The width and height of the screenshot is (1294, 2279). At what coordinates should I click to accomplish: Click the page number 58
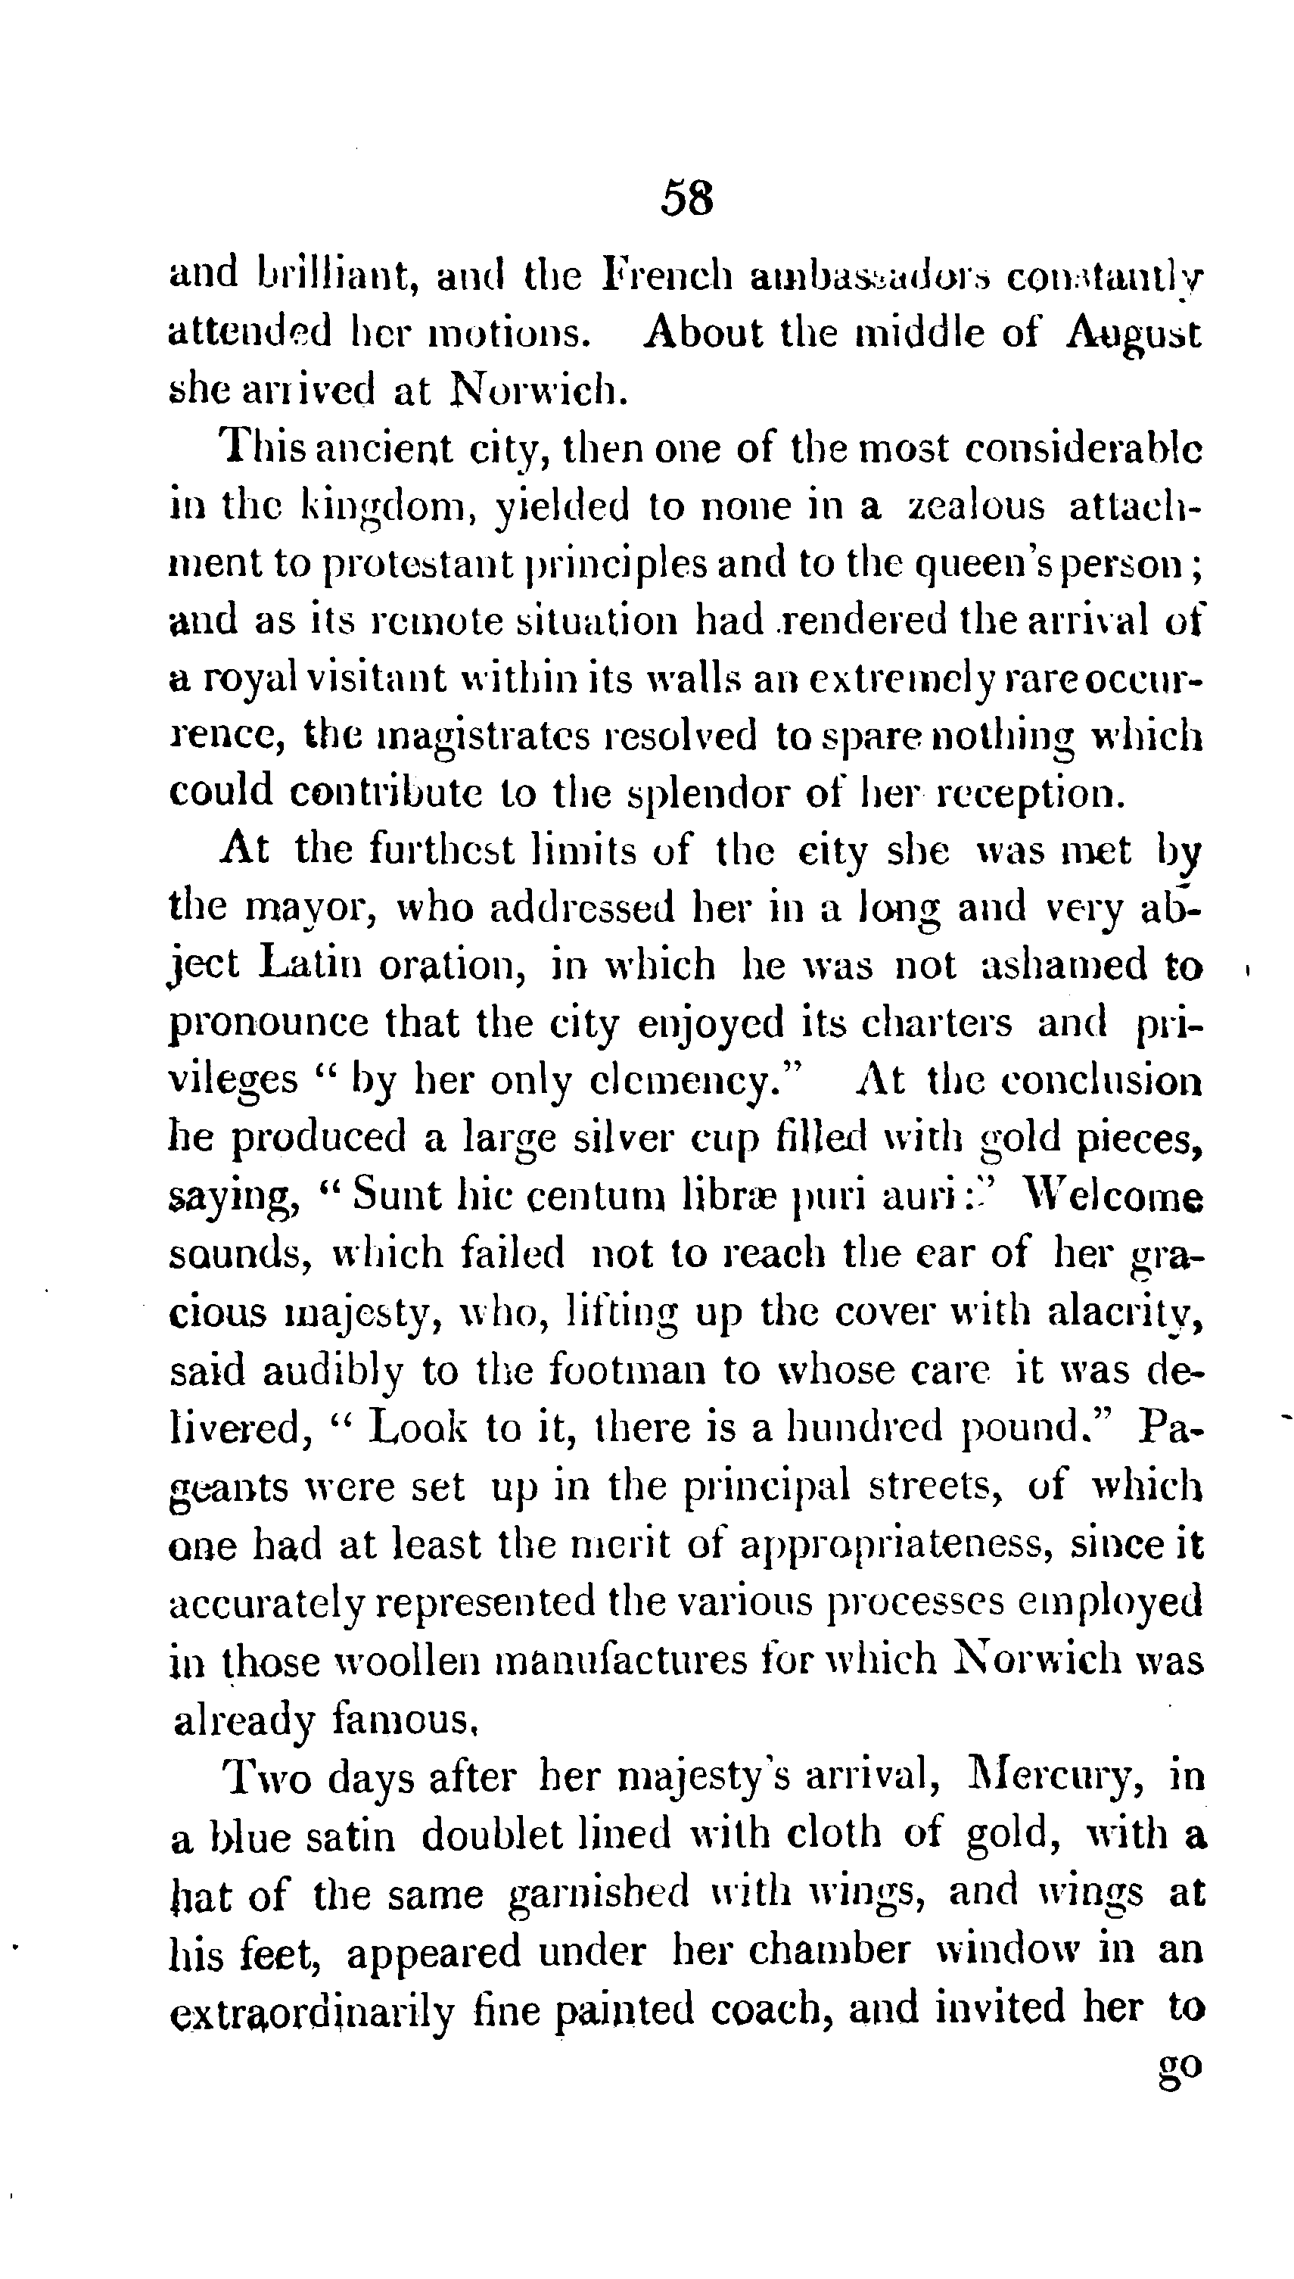686,198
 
